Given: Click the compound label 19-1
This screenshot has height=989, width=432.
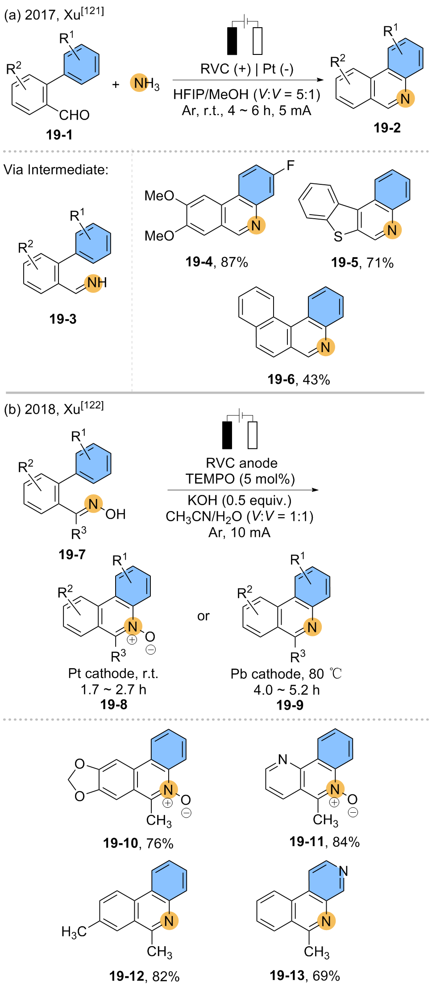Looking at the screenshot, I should coord(59,134).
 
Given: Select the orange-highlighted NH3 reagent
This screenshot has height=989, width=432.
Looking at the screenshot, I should coord(144,83).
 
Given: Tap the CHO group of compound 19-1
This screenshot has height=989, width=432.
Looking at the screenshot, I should coord(74,115).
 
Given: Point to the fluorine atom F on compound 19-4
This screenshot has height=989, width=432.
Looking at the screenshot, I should coord(291,166).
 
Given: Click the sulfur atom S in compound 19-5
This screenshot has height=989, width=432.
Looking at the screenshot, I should coord(338,236).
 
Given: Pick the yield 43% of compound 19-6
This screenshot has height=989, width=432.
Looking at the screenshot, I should coord(316,379).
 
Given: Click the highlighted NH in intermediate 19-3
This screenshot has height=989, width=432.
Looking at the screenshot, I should coord(96,282).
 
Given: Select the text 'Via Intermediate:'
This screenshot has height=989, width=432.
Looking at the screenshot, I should coord(56,170).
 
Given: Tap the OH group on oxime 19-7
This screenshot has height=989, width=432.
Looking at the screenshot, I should coord(115,514).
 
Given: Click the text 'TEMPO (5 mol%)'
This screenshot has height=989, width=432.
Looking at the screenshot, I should coord(240,479).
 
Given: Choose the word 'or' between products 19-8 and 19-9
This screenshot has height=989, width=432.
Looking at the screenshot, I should coord(204,616).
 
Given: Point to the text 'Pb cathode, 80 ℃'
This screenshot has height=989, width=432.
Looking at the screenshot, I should coord(286,673).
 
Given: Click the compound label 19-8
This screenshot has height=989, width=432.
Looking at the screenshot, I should coord(114,704).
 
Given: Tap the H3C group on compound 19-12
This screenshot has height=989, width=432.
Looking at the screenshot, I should coord(74,931).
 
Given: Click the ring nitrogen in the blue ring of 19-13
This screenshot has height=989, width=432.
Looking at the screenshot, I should coord(343,871).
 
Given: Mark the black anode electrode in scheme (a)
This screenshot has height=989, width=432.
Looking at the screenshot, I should coord(232,41).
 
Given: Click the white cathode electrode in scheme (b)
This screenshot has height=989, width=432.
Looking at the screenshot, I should coord(253,435).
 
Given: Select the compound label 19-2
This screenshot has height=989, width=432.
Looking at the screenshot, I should coord(387,128).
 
